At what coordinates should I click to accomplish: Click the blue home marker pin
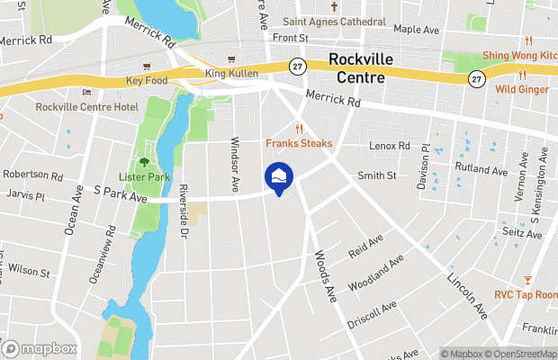click(279, 177)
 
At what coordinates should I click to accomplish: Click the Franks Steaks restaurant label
click(299, 144)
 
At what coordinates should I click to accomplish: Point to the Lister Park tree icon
click(144, 162)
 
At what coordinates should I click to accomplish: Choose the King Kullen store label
click(231, 73)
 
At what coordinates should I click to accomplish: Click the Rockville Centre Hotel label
click(86, 107)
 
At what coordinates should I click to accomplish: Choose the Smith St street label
click(376, 175)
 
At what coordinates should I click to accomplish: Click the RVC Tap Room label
click(526, 295)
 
